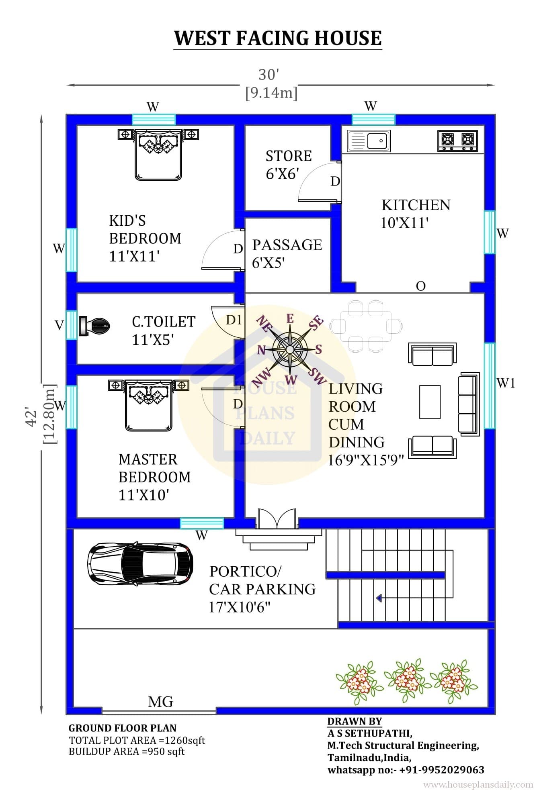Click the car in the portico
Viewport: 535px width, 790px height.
pos(140,563)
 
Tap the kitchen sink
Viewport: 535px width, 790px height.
pos(369,141)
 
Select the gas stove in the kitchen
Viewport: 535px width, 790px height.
pos(458,141)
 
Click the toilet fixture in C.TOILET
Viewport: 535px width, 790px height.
pos(94,326)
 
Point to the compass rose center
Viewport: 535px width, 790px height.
pos(290,349)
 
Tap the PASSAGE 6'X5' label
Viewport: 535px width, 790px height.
pos(287,253)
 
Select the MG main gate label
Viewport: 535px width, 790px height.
pos(161,702)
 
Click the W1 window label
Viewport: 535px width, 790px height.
pos(506,383)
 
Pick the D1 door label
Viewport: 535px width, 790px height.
pos(234,320)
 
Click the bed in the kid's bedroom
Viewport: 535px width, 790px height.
pos(158,154)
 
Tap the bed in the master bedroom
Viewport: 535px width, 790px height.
pos(149,405)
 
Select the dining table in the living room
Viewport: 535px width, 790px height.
pos(366,326)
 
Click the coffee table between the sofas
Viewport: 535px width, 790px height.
pos(430,402)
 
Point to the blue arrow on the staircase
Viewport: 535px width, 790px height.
pos(379,598)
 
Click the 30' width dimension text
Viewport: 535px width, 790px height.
pos(269,75)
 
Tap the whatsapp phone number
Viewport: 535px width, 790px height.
pos(442,770)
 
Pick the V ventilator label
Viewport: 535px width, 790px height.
pos(59,325)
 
